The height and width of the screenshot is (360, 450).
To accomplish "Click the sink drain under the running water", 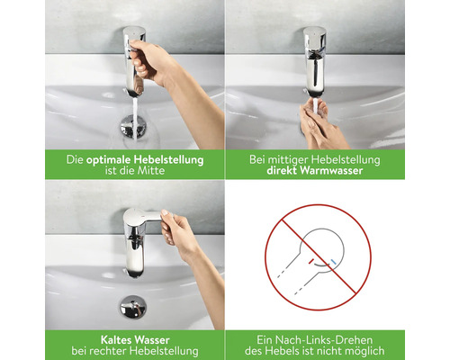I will click(x=134, y=127).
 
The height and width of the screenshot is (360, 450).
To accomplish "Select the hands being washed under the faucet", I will click(x=319, y=126).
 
